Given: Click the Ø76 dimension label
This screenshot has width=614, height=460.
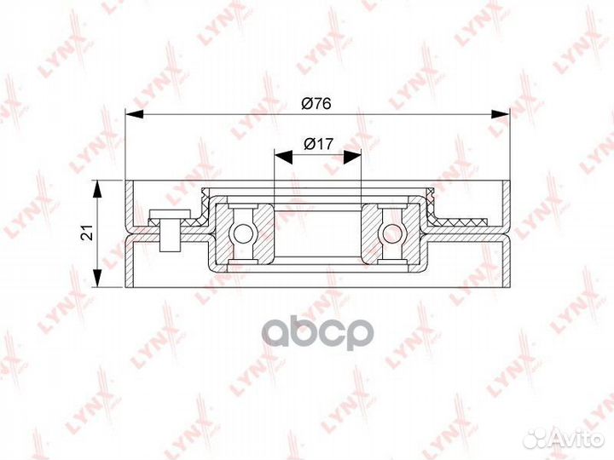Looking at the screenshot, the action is pyautogui.click(x=316, y=104).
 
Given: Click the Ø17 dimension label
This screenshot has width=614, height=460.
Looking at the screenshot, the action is pyautogui.click(x=318, y=144).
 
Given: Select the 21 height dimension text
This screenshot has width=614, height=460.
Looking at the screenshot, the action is pyautogui.click(x=87, y=233).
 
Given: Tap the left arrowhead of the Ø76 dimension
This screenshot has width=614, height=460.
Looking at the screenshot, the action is pyautogui.click(x=134, y=114).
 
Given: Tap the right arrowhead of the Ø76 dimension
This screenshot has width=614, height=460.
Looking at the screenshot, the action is pyautogui.click(x=501, y=114).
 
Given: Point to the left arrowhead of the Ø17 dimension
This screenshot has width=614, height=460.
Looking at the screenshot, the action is pyautogui.click(x=283, y=157).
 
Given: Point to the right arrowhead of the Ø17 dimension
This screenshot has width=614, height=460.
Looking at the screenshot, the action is pyautogui.click(x=352, y=157).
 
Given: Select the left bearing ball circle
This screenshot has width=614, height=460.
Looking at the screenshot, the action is pyautogui.click(x=243, y=234).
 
